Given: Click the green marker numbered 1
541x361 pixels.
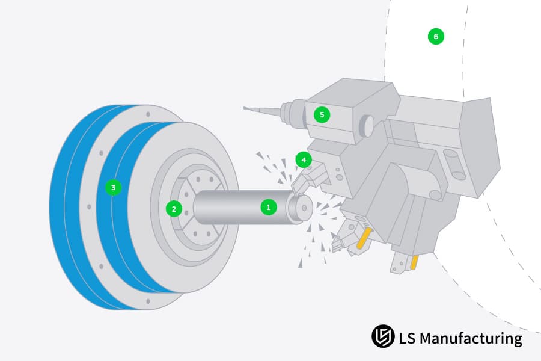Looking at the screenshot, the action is pos(269,207).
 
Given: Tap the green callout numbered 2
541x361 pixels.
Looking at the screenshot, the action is pos(174,209).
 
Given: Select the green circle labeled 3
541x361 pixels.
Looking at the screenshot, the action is pos(113,188).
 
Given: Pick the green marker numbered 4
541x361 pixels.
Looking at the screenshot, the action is pos(304,160).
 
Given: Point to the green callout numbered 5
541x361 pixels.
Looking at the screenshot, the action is pos(322,115).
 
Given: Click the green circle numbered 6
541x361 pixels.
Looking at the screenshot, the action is pos(436,36).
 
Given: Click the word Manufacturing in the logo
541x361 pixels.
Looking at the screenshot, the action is pos(471,339).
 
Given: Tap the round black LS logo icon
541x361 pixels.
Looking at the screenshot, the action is pos(383,336).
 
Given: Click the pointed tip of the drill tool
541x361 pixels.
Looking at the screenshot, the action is pos(244,108).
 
